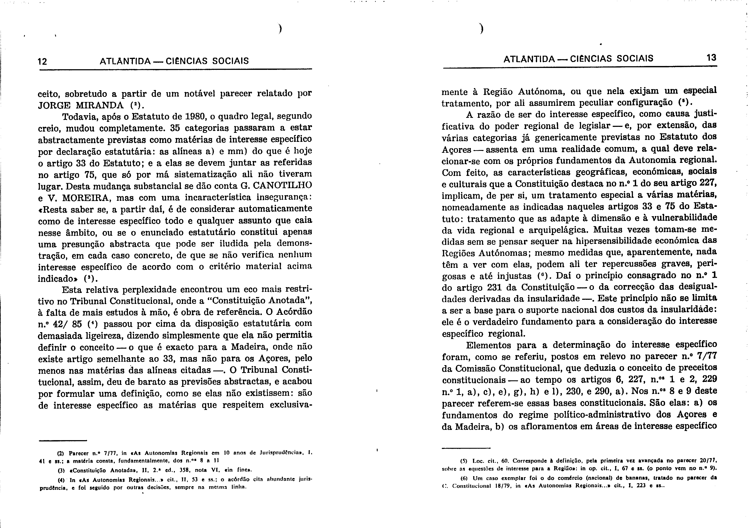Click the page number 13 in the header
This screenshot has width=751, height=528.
pos(711,58)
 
